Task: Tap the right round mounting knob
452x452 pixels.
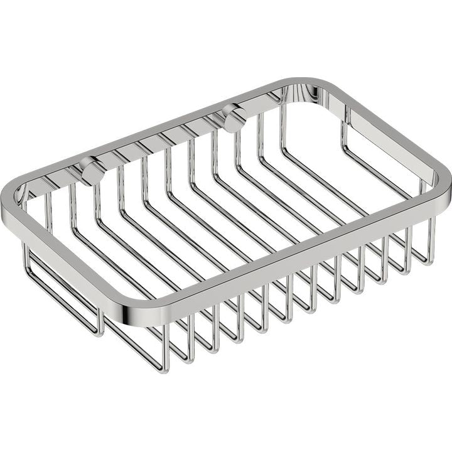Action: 234,118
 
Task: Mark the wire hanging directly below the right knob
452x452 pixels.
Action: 238,151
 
